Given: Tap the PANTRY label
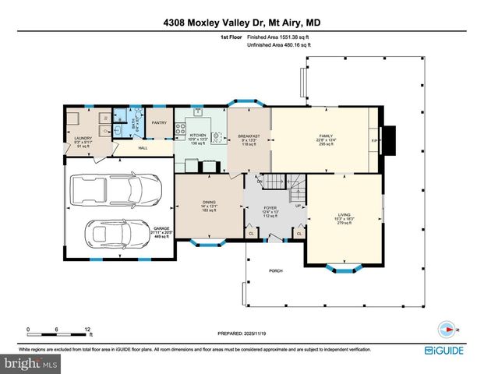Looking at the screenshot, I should [159, 122].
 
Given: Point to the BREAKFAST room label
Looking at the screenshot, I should [249, 136].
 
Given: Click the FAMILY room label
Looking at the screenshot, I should [325, 136].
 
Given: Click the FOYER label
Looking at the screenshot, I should [270, 207].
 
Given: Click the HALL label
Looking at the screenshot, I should [143, 148].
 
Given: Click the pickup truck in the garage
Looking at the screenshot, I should [115, 189].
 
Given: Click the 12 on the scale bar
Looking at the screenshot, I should [87, 328].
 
